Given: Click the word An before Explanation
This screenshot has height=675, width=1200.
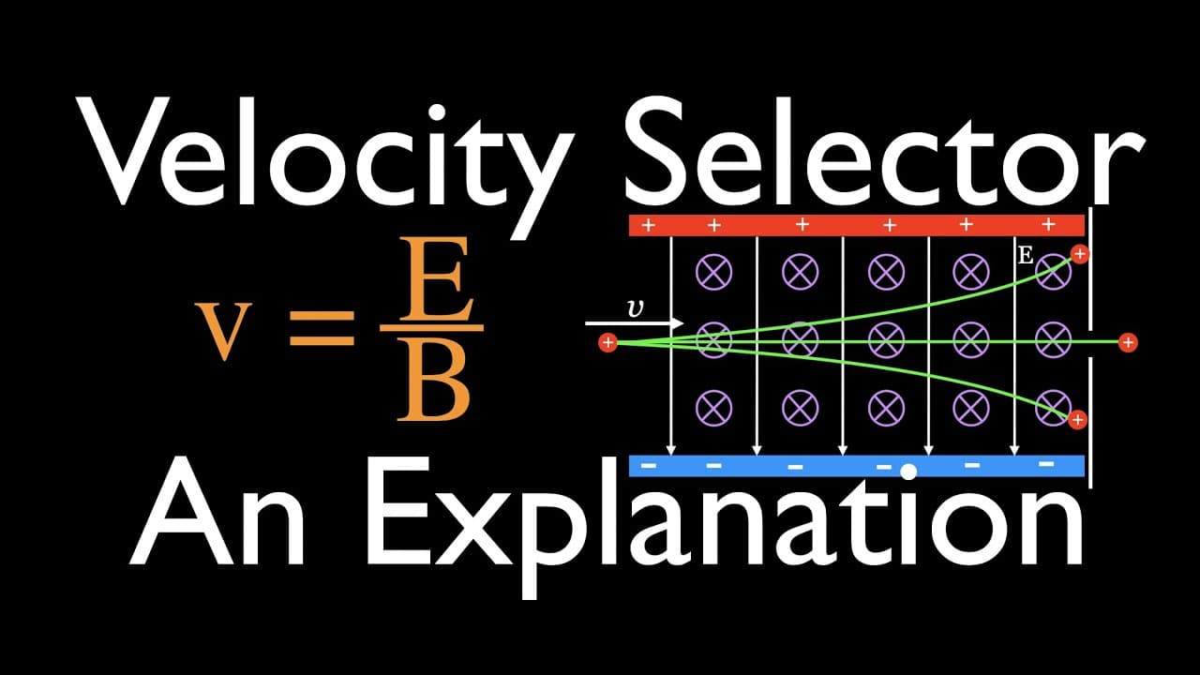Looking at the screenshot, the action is click(217, 512).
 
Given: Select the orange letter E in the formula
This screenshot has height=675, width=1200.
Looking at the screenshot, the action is click(436, 278).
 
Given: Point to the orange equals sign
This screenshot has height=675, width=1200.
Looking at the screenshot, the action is click(322, 328).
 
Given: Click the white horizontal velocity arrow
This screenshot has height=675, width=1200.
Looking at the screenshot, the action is click(635, 323).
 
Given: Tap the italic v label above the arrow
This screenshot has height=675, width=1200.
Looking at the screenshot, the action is click(636, 309).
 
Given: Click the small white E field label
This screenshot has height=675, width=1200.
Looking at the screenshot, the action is click(1025, 256).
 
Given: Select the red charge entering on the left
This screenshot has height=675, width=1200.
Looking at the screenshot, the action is click(607, 342).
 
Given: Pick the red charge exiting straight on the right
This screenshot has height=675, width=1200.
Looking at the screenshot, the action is click(1128, 342).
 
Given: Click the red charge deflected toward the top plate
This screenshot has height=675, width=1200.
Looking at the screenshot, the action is click(1079, 254).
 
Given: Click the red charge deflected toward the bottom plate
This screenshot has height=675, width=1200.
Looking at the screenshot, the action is click(1077, 420).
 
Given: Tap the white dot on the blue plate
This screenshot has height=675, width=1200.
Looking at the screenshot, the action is click(908, 472).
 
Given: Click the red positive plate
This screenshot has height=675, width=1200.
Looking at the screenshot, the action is click(857, 225).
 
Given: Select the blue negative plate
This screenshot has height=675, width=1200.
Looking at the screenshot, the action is click(857, 466).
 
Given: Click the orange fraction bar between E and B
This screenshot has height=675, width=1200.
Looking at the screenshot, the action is click(432, 328).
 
